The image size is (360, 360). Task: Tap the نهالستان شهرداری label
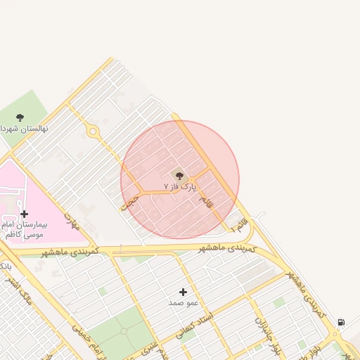(19, 129)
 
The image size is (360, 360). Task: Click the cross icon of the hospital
(25, 214)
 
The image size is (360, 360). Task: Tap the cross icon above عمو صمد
(184, 291)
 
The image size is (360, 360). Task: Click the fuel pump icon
(341, 322)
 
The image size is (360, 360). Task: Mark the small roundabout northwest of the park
(92, 131)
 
